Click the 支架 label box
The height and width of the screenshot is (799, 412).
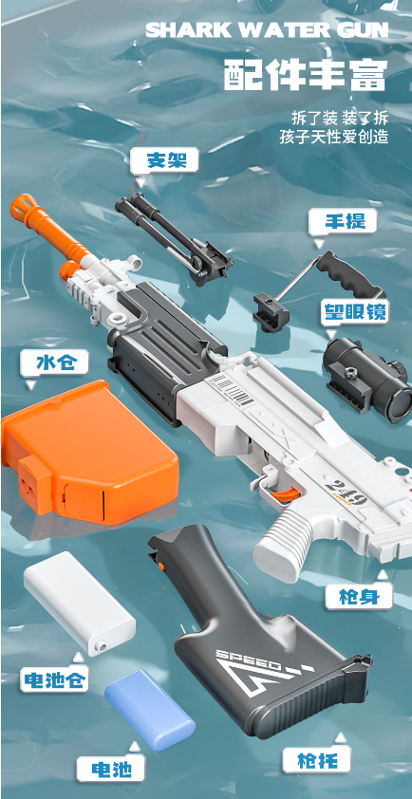[x=164, y=160]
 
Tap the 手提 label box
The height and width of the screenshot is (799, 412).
[x=342, y=223]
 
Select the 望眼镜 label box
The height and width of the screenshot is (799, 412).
[x=354, y=311]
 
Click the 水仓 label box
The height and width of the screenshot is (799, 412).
[x=54, y=363]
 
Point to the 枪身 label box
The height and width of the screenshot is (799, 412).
[x=359, y=596]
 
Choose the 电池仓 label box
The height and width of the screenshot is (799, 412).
[x=54, y=679]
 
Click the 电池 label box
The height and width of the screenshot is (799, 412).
[x=111, y=769]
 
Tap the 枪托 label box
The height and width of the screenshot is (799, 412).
[x=317, y=760]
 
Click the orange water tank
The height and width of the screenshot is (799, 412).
[x=89, y=452]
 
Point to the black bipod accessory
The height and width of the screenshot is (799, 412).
[x=174, y=237]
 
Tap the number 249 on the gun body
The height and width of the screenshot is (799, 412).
[x=346, y=492]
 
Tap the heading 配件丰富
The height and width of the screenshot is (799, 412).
[x=306, y=76]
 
